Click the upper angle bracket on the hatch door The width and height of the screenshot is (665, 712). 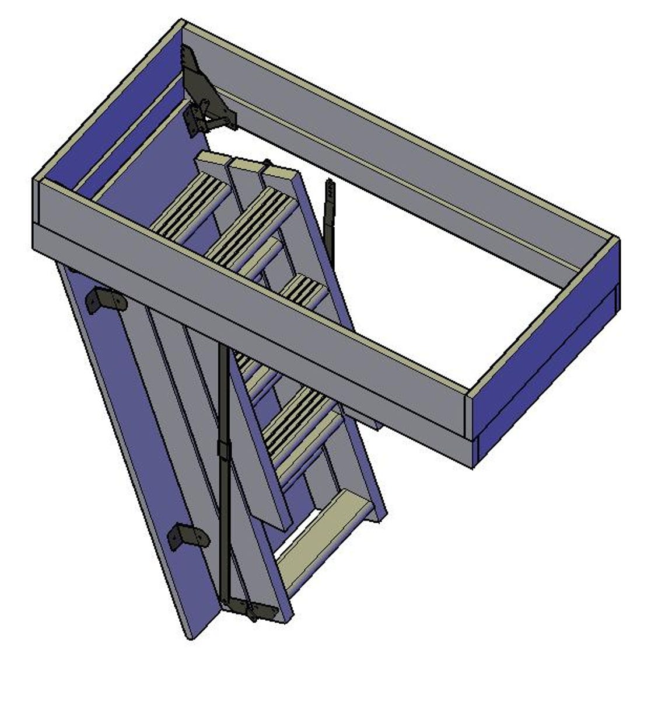(x=106, y=301)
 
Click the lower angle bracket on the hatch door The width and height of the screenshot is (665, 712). (x=188, y=536)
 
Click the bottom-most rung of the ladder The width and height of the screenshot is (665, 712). (x=318, y=529)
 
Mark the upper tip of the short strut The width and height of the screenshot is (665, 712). (x=330, y=185)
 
